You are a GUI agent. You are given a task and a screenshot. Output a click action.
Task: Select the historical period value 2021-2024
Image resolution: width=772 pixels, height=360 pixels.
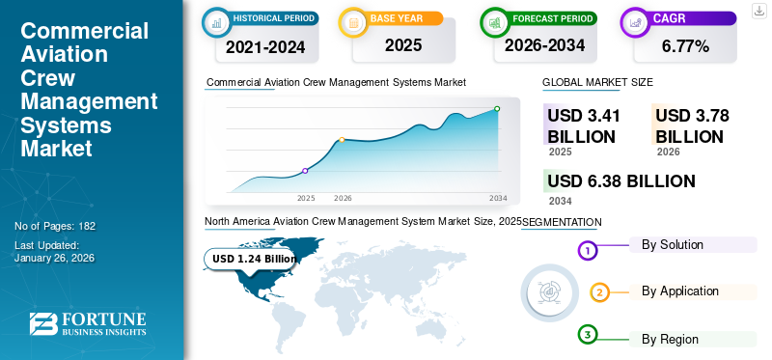tap(264, 45)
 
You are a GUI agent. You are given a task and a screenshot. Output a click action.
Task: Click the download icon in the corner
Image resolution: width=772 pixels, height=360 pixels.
tap(758, 11)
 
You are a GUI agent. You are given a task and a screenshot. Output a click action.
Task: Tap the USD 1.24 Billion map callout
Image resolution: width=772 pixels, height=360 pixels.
tap(255, 259)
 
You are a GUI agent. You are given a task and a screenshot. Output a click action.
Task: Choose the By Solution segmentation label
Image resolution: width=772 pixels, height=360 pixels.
tap(672, 244)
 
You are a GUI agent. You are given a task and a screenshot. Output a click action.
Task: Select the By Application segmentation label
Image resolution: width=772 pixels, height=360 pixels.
tap(679, 291)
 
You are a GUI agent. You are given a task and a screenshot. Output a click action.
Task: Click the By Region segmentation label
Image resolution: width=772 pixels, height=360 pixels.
tap(670, 339)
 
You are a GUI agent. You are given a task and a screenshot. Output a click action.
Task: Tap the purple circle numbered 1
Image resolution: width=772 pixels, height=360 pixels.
tap(589, 251)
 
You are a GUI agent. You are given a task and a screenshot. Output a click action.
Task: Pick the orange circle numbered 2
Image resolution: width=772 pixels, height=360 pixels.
tap(599, 292)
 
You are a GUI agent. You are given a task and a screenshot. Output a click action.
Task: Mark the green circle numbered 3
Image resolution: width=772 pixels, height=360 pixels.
tap(589, 335)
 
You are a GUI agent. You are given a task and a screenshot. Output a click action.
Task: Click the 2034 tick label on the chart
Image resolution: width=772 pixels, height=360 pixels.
tap(498, 198)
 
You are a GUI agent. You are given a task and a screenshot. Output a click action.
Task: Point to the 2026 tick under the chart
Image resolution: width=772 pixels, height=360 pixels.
tap(343, 198)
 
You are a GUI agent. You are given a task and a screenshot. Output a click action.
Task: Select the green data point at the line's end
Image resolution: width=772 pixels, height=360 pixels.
tap(497, 109)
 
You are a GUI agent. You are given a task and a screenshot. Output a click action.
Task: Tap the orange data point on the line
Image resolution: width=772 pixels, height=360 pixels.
tap(343, 140)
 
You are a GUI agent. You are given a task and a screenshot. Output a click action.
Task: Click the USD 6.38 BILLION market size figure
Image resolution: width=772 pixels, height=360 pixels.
tap(620, 180)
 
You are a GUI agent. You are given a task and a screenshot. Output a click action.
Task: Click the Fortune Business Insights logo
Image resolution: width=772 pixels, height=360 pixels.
tap(88, 324)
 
